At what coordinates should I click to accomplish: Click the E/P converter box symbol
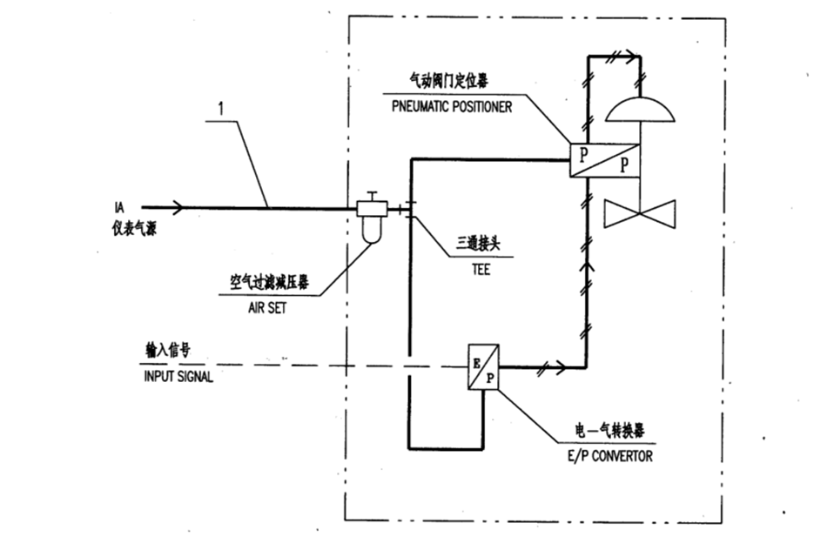click(483, 367)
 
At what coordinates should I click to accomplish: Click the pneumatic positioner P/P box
click(604, 160)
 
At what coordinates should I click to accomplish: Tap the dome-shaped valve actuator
click(641, 110)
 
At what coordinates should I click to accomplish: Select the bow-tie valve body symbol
click(641, 214)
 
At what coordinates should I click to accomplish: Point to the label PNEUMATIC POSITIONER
click(452, 106)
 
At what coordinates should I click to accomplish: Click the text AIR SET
click(267, 308)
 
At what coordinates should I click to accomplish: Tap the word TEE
click(481, 270)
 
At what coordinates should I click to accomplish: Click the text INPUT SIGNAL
click(178, 377)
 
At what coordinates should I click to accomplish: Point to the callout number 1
click(221, 109)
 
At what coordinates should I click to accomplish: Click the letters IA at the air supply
click(119, 208)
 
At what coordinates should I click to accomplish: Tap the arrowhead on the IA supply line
click(178, 207)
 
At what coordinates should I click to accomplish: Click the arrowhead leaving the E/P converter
click(561, 367)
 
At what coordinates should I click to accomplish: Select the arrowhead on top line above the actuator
click(630, 56)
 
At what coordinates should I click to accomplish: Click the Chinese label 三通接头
click(478, 244)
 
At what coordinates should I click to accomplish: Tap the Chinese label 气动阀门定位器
click(447, 81)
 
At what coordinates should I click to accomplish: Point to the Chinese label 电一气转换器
click(609, 430)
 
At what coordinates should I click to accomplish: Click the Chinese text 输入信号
click(168, 350)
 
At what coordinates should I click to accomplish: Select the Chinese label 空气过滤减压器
click(269, 282)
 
